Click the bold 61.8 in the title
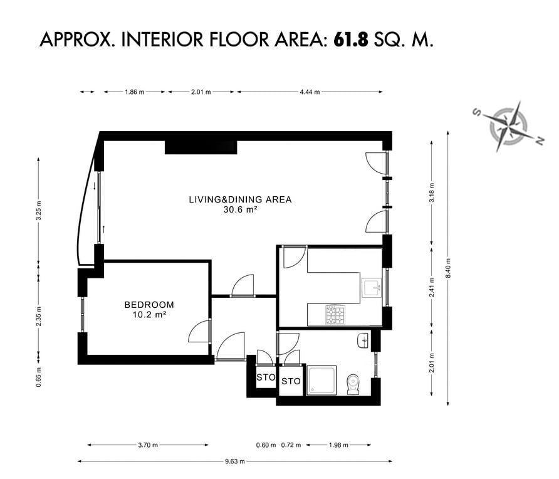(350, 39)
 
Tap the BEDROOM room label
(149, 305)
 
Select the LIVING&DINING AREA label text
(240, 199)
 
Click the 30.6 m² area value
(240, 209)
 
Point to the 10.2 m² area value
(149, 315)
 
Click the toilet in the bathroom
(353, 384)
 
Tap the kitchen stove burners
(335, 315)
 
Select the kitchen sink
(372, 288)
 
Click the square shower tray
(321, 381)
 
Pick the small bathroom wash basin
(362, 341)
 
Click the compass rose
(509, 127)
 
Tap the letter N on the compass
(540, 140)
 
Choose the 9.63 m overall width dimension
(235, 461)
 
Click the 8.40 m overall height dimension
(448, 268)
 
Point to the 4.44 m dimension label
(310, 92)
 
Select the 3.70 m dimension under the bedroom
(148, 445)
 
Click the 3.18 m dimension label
(432, 192)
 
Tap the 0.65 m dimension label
(38, 377)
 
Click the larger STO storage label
(291, 381)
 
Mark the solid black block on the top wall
(201, 147)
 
